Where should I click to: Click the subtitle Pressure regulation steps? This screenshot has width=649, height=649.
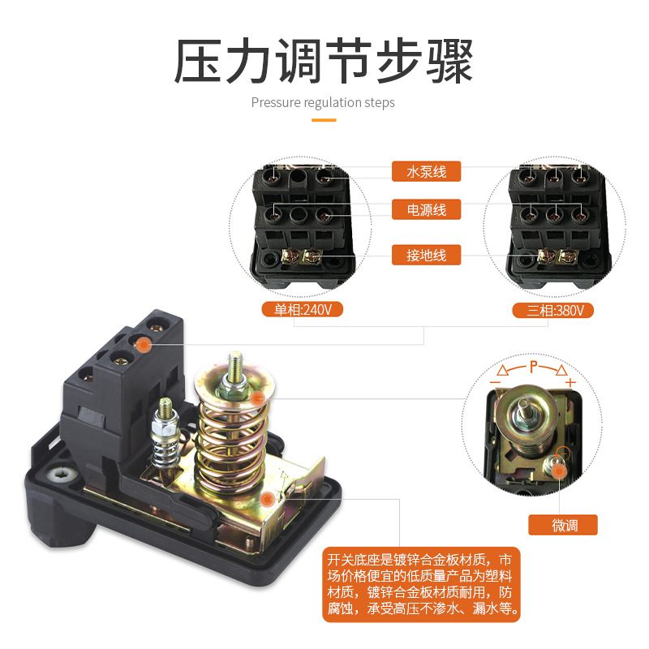[x=323, y=103]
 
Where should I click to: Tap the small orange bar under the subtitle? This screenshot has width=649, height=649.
[x=324, y=120]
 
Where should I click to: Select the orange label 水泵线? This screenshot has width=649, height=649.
[x=427, y=171]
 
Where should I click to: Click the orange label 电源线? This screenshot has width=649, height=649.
[x=427, y=210]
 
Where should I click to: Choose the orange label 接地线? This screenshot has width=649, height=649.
[x=427, y=256]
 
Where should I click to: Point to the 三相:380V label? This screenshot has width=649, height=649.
[x=553, y=310]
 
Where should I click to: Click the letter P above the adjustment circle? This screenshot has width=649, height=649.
[x=533, y=367]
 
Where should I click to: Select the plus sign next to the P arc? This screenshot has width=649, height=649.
[x=570, y=382]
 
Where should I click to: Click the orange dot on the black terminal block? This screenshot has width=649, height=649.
[x=143, y=345]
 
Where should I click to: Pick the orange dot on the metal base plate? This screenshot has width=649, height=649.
[x=269, y=501]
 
